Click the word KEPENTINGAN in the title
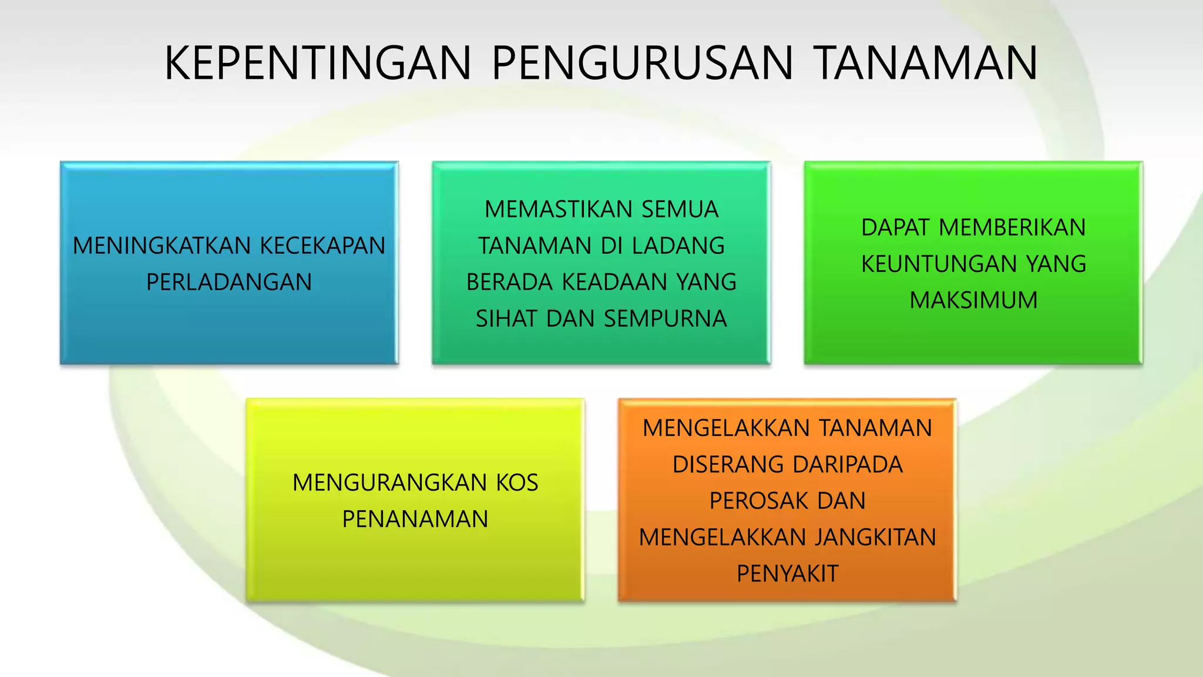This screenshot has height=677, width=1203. [x=318, y=63]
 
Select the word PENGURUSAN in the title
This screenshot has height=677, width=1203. [x=642, y=63]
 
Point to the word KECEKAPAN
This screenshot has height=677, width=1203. [x=322, y=246]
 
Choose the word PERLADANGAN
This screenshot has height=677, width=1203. [x=229, y=282]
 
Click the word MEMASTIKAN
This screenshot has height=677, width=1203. [x=559, y=209]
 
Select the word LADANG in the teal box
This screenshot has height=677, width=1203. [x=681, y=246]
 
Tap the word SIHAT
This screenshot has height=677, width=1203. [x=507, y=319]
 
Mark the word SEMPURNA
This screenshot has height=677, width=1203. [x=666, y=319]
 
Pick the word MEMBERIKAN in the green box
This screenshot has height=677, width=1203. [x=1012, y=227]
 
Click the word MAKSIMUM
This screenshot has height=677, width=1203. [x=973, y=300]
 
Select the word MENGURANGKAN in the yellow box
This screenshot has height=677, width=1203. [x=390, y=482]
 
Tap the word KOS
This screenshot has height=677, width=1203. [x=518, y=482]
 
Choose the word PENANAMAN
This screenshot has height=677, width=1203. [x=415, y=519]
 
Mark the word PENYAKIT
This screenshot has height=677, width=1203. [x=788, y=574]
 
